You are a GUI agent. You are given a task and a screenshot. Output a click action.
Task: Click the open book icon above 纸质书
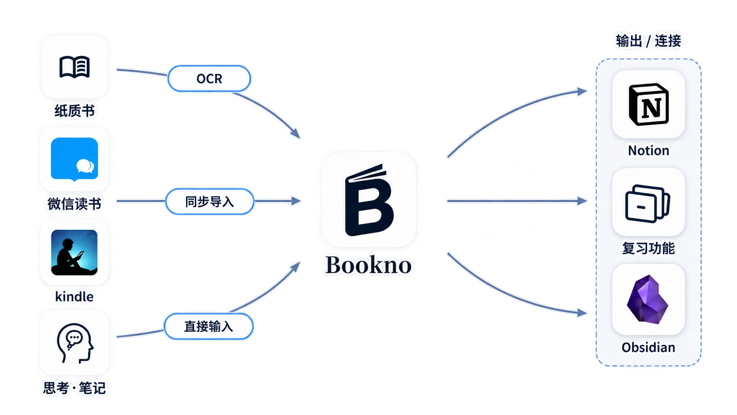pyautogui.click(x=74, y=67)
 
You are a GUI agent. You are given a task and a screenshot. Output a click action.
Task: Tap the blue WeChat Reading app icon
pyautogui.click(x=74, y=159)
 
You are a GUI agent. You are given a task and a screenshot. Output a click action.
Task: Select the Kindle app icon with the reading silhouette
pyautogui.click(x=74, y=252)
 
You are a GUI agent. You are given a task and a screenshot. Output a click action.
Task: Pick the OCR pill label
pyautogui.click(x=209, y=79)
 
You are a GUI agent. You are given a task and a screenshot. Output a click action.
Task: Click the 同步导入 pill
pyautogui.click(x=209, y=202)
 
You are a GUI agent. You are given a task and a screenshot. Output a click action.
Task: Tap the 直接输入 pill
pyautogui.click(x=208, y=326)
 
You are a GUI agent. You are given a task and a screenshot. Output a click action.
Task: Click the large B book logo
pyautogui.click(x=369, y=200)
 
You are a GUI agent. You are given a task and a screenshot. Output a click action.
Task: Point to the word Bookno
pyautogui.click(x=368, y=265)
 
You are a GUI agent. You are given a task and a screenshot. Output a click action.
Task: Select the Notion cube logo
pyautogui.click(x=648, y=105)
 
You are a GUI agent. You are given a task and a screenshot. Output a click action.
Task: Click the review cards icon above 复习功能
pyautogui.click(x=648, y=204)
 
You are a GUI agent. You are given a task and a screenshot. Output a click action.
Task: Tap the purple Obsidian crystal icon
pyautogui.click(x=648, y=299)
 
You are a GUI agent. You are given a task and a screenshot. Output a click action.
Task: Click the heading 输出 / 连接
pyautogui.click(x=648, y=41)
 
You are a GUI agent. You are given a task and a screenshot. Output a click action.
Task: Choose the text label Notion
pyautogui.click(x=648, y=150)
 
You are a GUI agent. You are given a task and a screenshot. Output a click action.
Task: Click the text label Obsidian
pyautogui.click(x=648, y=348)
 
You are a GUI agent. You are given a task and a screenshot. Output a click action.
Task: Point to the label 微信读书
pyautogui.click(x=74, y=204)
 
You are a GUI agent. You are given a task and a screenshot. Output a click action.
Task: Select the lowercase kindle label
pyautogui.click(x=74, y=296)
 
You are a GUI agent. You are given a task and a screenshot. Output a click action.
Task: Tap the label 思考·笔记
pyautogui.click(x=74, y=388)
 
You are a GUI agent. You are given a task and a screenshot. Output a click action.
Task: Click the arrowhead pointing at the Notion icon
pyautogui.click(x=582, y=91)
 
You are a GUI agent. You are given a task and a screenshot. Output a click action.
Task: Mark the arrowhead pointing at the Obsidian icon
pyautogui.click(x=582, y=312)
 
